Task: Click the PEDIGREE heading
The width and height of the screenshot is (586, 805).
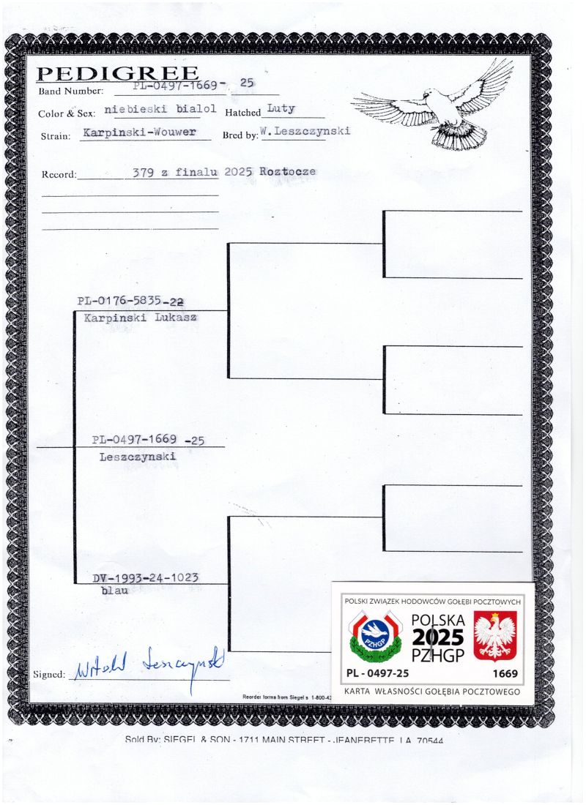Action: pos(118,73)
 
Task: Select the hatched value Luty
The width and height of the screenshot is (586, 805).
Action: pos(281,108)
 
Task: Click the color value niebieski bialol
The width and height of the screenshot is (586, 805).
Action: pos(160,109)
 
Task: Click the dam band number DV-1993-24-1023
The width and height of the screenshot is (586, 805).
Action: pos(146,578)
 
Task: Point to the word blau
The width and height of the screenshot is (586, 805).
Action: pos(115,590)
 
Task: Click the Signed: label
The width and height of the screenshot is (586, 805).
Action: pos(49,674)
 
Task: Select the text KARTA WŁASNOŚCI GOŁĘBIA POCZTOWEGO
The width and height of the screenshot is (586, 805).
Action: pos(432,692)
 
